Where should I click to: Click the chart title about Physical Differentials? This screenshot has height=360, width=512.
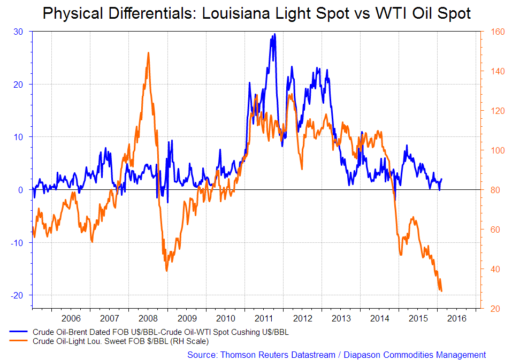pos(257,13)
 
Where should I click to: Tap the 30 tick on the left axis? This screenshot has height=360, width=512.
pos(18,32)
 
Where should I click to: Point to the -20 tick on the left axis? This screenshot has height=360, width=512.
pos(17,295)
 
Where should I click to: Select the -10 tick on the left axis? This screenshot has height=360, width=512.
pos(17,242)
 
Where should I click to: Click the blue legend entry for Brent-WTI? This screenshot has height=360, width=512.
pos(161,332)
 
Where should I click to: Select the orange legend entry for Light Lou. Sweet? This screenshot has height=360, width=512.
pos(120,341)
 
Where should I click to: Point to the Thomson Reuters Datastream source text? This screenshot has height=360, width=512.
pos(337,355)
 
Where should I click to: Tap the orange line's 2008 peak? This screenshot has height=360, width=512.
pos(148,52)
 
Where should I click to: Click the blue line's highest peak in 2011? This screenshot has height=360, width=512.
pos(274,34)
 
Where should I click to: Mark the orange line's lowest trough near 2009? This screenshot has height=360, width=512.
pos(166,271)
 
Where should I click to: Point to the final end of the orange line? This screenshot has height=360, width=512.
pos(442,292)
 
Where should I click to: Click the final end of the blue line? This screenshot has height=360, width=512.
pos(442,179)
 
